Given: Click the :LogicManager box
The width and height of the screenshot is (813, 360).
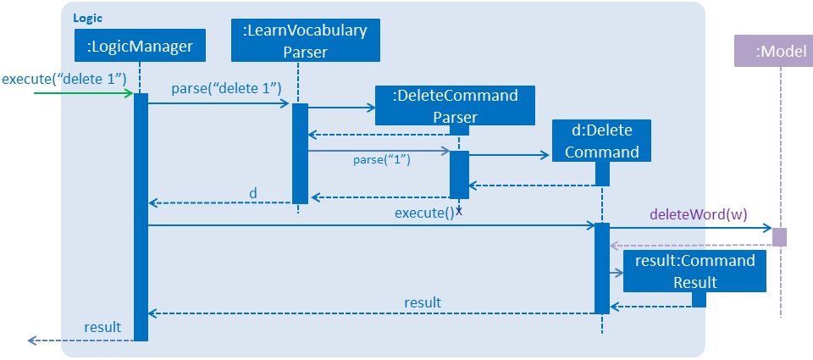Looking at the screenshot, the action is click(140, 46).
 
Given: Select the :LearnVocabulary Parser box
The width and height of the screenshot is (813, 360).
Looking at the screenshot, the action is click(306, 41).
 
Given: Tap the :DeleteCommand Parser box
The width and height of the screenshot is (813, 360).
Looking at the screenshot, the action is click(455, 106).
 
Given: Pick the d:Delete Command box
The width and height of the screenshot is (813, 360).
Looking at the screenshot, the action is click(601, 141).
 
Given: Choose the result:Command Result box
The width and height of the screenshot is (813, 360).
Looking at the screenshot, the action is click(694, 271).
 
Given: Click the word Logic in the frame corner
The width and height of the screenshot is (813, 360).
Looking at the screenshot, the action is click(87, 18).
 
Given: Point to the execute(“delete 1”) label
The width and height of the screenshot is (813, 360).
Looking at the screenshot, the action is click(65, 80).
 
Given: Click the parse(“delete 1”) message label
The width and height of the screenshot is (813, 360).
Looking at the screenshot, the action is click(226, 88).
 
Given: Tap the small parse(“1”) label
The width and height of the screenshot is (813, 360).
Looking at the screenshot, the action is click(382, 160).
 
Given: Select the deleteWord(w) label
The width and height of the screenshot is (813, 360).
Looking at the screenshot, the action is click(698, 215).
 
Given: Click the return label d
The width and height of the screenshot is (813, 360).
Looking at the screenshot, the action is click(253, 193).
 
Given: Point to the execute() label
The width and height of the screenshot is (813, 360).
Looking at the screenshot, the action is click(424, 213).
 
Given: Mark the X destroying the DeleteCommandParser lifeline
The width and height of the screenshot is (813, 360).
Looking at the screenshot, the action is click(459, 211).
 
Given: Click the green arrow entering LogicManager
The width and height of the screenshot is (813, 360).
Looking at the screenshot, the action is click(84, 93).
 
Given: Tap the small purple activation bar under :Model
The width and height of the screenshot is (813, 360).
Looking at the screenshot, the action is click(779, 237).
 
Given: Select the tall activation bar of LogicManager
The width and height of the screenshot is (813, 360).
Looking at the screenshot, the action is click(141, 217).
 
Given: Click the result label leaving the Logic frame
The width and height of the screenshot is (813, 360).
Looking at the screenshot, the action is click(102, 327).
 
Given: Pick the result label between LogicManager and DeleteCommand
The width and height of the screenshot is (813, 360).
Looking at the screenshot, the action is click(423, 302).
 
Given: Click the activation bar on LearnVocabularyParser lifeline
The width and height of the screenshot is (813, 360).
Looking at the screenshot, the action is click(300, 153).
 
